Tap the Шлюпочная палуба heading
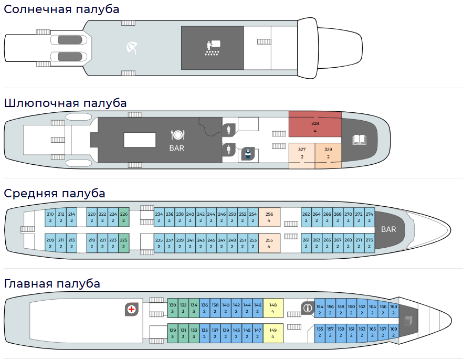(x=65, y=103)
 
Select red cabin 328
(x=315, y=126)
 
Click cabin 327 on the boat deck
(x=302, y=153)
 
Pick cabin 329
(x=328, y=153)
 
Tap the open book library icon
(x=359, y=140)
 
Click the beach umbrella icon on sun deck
(x=132, y=48)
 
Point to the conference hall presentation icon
(x=213, y=48)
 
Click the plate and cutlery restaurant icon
(x=177, y=135)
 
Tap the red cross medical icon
(x=131, y=309)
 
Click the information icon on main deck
(x=307, y=308)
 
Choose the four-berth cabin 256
(x=269, y=217)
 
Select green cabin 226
(x=124, y=217)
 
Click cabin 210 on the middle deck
(x=50, y=217)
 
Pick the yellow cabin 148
(x=273, y=308)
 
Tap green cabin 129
(x=172, y=333)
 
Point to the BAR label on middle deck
(x=388, y=229)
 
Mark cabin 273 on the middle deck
(x=370, y=243)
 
